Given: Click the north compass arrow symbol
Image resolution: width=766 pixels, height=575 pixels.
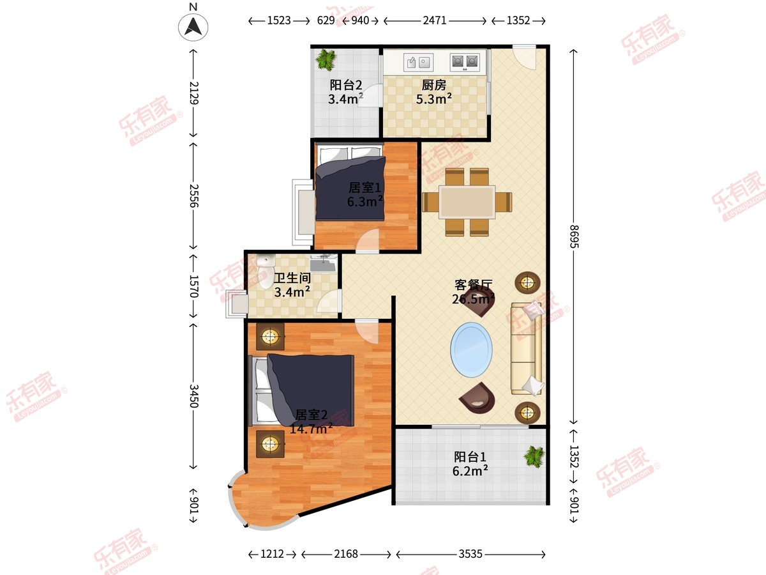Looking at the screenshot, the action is pos(193,27).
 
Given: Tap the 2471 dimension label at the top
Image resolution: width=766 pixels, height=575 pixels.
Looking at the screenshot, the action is pos(435,20).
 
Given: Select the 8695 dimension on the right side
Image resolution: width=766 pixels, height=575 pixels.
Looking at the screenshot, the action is pos(574,236).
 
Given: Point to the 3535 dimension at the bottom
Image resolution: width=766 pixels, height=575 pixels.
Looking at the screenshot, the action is pos(470,554).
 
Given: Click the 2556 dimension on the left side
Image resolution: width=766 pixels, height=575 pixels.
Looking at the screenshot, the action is pos(193,195).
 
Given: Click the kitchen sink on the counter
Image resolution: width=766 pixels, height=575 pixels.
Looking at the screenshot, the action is pos(418,63).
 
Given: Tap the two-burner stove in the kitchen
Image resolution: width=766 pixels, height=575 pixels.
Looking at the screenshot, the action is pos(465,62).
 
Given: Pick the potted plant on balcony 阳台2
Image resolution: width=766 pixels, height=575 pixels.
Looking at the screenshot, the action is pos(326,59).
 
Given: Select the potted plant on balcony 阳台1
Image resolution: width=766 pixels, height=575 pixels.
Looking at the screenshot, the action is pos(534,457).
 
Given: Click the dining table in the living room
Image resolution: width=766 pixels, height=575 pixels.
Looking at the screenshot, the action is pos(467,203).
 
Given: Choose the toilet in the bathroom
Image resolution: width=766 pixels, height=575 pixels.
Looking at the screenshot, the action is pos(266,272).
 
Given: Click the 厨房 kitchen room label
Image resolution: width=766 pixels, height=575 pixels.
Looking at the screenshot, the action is pos(434,85).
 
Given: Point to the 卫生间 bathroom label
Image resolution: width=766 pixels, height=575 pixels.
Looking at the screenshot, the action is pos(292,279).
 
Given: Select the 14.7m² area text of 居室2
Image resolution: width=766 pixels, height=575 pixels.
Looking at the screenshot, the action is pos(311,428).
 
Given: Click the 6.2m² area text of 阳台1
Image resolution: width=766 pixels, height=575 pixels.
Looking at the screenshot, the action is pos(470,471).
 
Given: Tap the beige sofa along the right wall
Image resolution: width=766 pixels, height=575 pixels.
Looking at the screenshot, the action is pos(526,349).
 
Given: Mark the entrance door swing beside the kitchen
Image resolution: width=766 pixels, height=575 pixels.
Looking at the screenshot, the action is pos(524,57).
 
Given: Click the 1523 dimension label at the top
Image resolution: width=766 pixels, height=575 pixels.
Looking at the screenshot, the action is pos(279,20).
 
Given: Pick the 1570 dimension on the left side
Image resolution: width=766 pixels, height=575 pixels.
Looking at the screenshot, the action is pos(193,286).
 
